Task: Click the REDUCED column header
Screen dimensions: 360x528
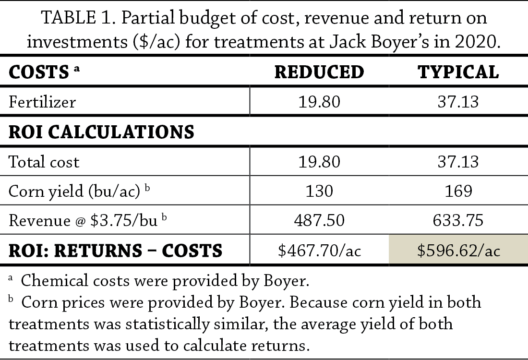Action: click(x=319, y=72)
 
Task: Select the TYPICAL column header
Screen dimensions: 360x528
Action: click(x=458, y=72)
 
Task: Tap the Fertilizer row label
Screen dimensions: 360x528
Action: click(x=42, y=102)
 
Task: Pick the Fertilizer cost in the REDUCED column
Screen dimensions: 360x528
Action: click(x=319, y=102)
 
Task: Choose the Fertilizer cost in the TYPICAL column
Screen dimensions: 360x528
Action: click(x=458, y=102)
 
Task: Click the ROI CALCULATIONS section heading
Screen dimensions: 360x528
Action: click(x=101, y=132)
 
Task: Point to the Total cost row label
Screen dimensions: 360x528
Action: click(x=44, y=161)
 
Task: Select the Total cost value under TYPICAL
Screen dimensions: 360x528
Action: click(x=458, y=161)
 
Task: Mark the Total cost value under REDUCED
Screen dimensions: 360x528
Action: click(x=319, y=161)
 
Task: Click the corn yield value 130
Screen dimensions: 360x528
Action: click(x=319, y=191)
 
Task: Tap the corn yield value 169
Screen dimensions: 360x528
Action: click(x=458, y=191)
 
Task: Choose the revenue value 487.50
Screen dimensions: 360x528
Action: click(x=319, y=221)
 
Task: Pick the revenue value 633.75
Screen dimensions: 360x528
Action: click(x=458, y=221)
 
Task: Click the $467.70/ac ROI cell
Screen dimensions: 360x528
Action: click(x=319, y=251)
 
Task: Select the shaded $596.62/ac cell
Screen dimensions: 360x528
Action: click(x=458, y=251)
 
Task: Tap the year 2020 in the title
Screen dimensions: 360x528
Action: click(x=477, y=42)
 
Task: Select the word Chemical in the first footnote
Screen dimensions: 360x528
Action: click(x=54, y=281)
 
